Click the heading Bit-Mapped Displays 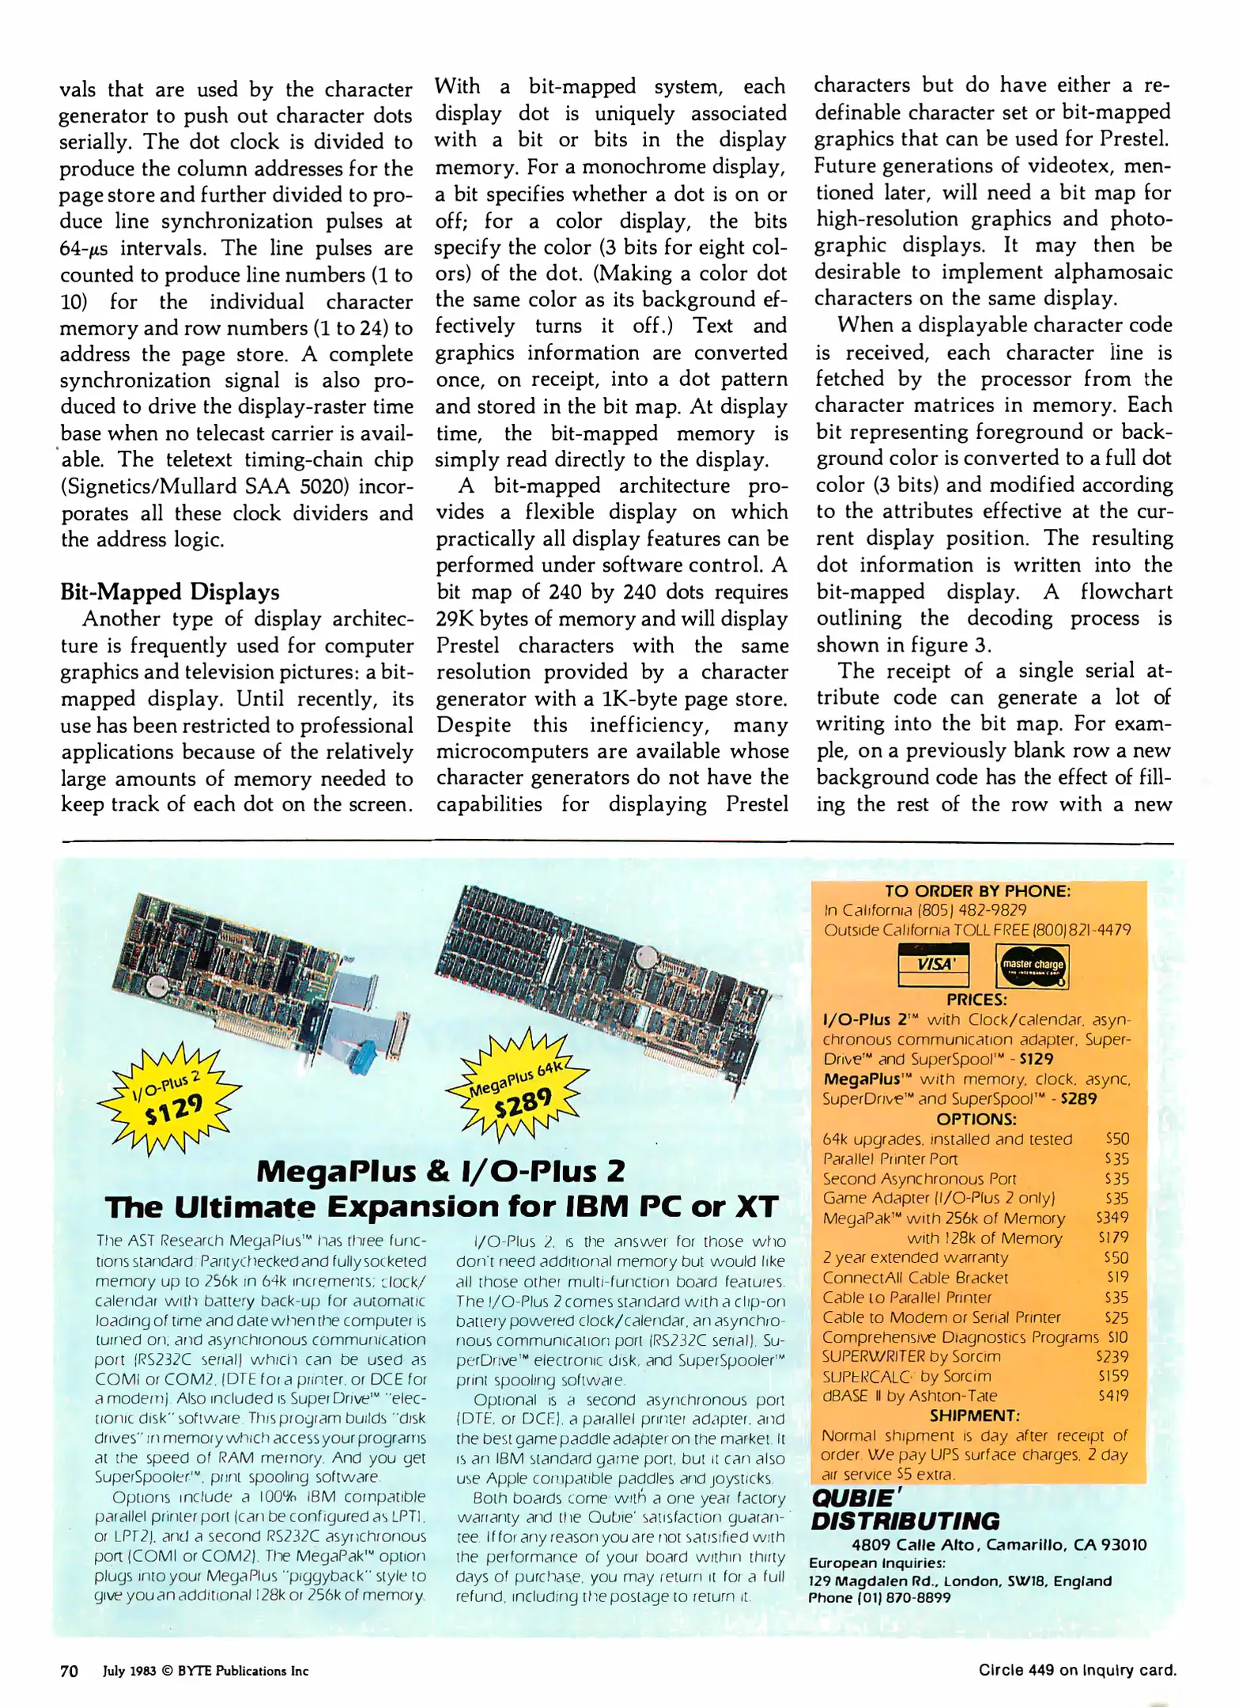170,592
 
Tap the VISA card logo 934,965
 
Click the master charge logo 1032,965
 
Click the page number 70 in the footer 70,1671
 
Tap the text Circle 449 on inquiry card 1077,1670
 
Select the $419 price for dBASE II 1113,1396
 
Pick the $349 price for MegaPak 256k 1112,1218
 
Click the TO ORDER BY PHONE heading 977,891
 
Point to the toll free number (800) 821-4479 1080,930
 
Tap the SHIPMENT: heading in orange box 975,1415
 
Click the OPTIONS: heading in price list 976,1119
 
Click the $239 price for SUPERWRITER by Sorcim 1113,1356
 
